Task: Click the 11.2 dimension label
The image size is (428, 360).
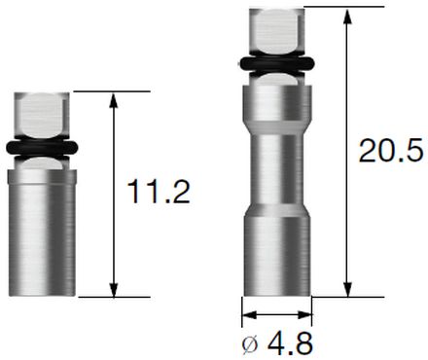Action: [x=159, y=193]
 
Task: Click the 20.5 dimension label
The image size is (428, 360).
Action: [x=391, y=150]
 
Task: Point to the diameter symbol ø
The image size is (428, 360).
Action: [x=250, y=344]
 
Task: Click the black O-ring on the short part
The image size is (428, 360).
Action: [x=42, y=148]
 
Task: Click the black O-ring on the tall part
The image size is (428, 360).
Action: [x=276, y=64]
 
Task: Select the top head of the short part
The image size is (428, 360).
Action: [x=42, y=114]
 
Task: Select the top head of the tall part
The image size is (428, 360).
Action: [x=276, y=31]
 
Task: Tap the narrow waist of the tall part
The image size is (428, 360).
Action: [x=276, y=169]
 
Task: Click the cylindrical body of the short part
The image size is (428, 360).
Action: [x=42, y=233]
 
